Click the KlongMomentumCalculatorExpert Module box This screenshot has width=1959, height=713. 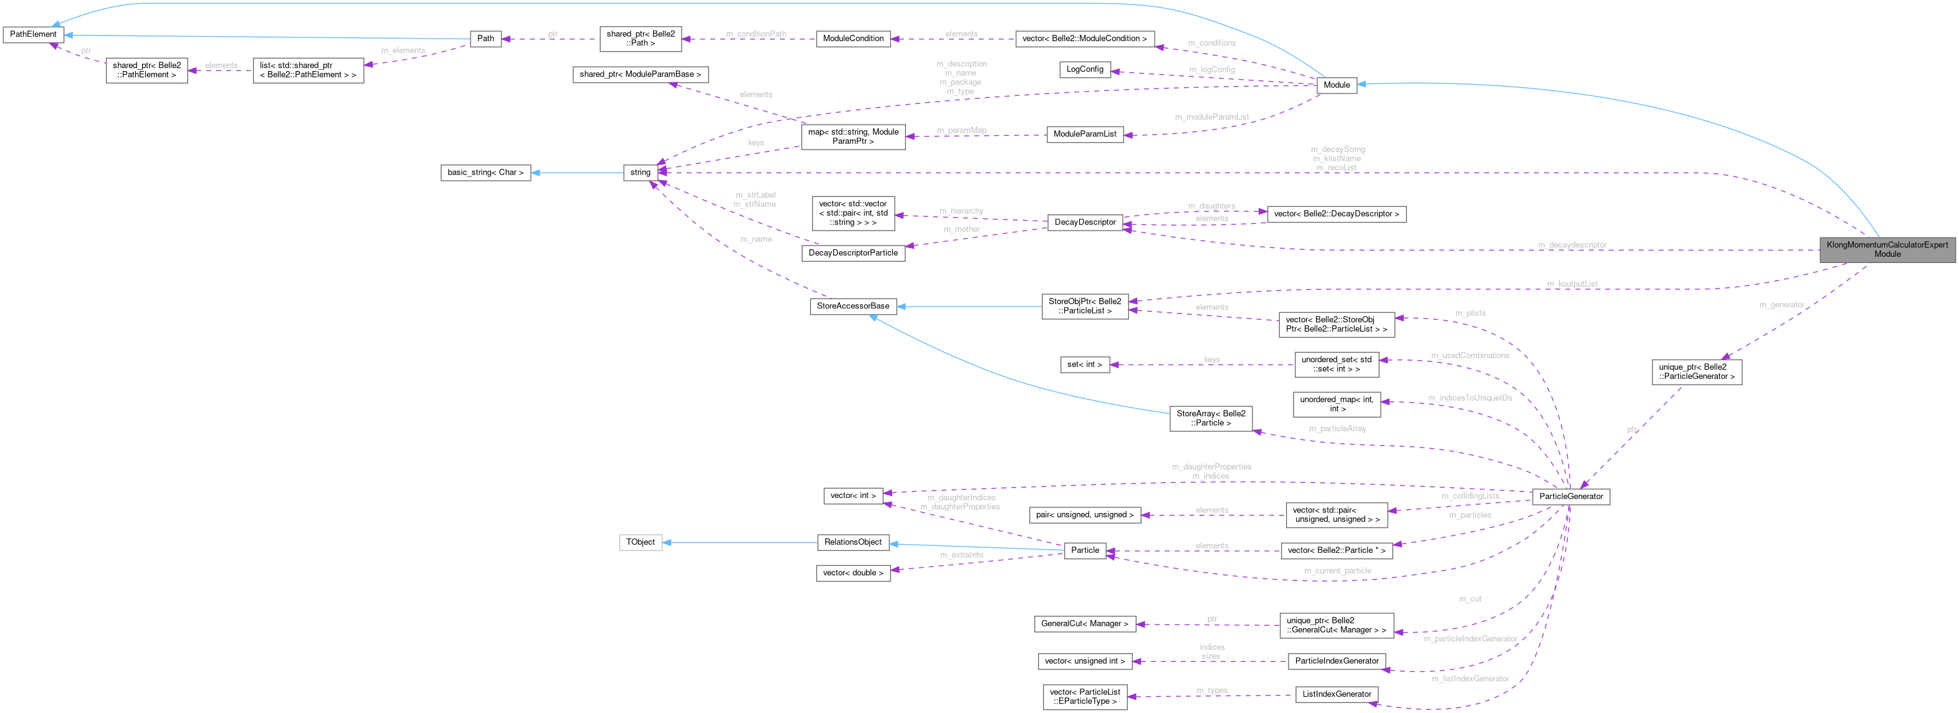point(1887,249)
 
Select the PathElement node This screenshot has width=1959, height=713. point(32,34)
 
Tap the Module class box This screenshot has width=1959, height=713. point(1336,85)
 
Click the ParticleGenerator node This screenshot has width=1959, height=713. point(1570,496)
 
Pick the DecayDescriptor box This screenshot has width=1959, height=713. point(1084,223)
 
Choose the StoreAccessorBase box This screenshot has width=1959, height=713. point(852,306)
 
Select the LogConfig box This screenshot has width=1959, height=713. point(1084,69)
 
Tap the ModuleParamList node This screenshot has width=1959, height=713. point(1084,134)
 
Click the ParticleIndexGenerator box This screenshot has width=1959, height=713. point(1336,661)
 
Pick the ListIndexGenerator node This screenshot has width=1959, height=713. point(1336,694)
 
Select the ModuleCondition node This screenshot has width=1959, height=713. point(852,38)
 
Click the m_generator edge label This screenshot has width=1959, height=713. point(1781,305)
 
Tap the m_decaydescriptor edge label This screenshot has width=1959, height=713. point(1572,245)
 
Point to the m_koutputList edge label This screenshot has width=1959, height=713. point(1572,284)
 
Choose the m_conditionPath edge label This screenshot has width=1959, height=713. point(755,34)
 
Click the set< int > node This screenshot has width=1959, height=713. point(1084,365)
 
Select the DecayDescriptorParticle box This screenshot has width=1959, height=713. point(852,252)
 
